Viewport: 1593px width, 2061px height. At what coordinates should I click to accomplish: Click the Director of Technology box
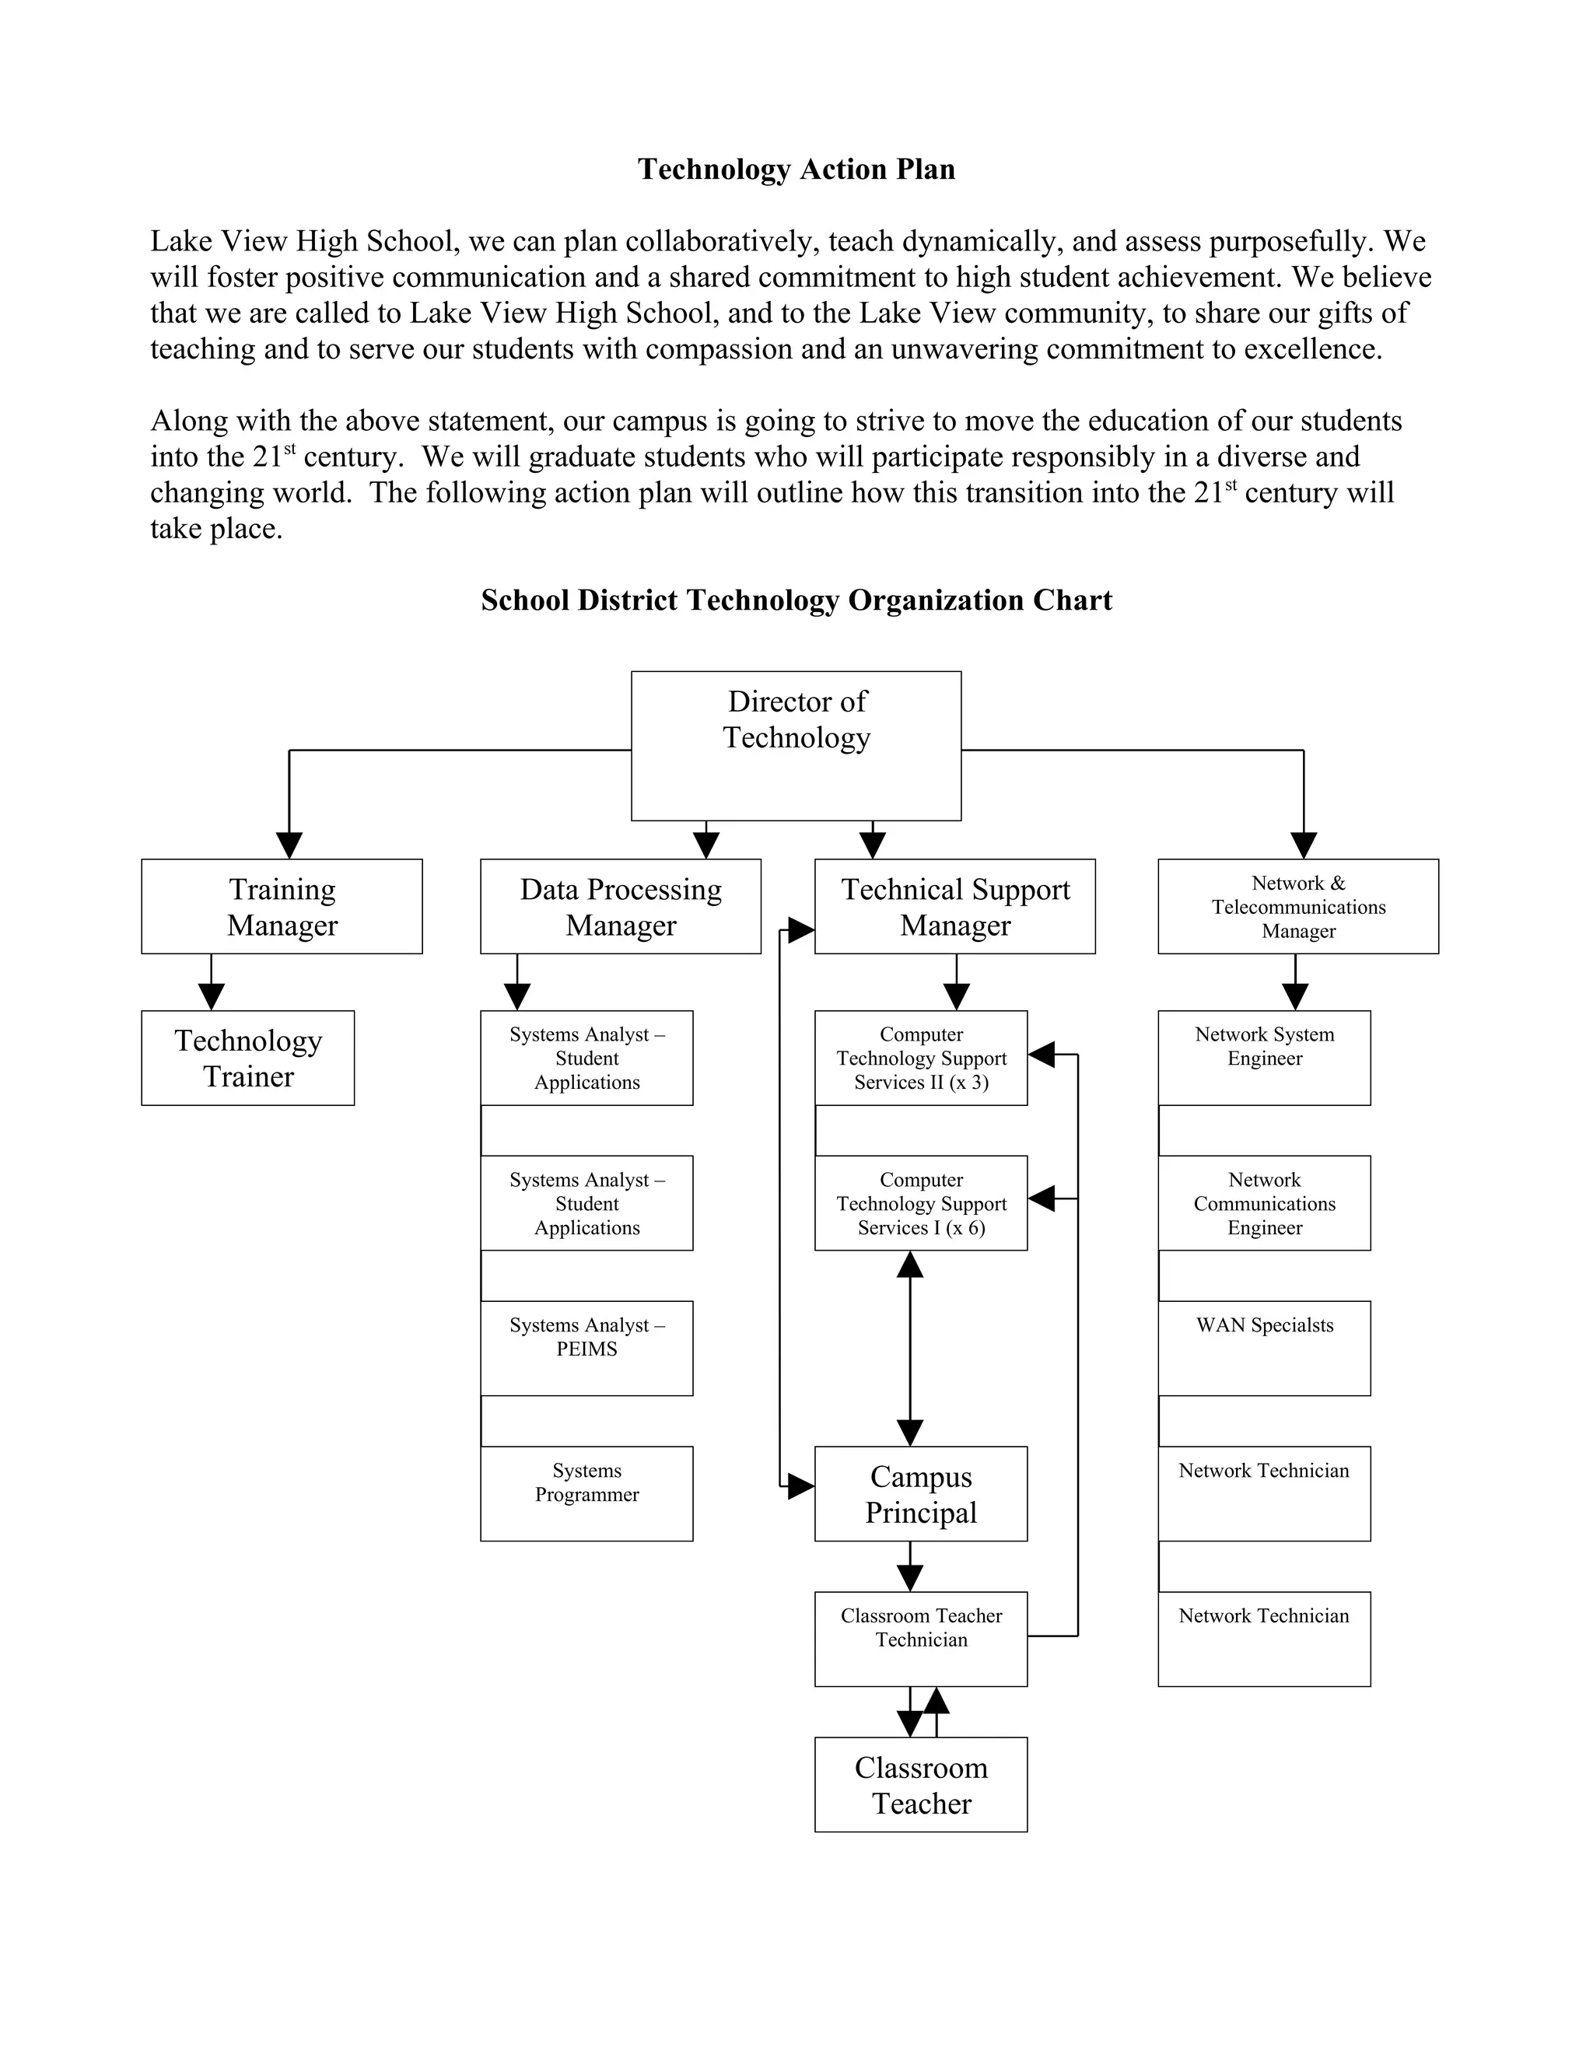tap(796, 746)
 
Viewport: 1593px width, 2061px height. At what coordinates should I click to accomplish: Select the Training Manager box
tap(282, 906)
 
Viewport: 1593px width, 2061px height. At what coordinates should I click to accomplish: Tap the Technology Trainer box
tap(247, 1057)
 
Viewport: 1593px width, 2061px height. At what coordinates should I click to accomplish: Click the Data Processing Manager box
tap(620, 906)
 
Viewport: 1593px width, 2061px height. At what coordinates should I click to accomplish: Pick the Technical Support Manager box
tap(954, 906)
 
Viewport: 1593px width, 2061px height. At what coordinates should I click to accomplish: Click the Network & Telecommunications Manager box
tap(1297, 906)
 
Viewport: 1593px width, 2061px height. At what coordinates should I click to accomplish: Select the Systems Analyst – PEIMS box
tap(586, 1348)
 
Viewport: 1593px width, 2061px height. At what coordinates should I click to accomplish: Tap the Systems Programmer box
tap(586, 1493)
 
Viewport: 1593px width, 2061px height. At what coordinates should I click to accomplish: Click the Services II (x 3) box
tap(920, 1057)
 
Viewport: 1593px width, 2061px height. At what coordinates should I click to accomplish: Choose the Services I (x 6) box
tap(920, 1202)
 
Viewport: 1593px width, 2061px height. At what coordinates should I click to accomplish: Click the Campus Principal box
tap(920, 1493)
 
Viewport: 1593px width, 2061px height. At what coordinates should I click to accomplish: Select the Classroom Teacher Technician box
tap(920, 1638)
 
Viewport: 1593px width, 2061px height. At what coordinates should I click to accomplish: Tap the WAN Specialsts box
tap(1264, 1348)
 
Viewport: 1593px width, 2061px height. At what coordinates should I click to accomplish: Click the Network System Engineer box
tap(1264, 1057)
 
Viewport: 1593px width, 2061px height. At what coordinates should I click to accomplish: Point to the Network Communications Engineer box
tap(1264, 1202)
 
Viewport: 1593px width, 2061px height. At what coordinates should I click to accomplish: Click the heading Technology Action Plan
tap(796, 169)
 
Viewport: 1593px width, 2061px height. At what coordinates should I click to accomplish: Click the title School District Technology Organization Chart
tap(796, 600)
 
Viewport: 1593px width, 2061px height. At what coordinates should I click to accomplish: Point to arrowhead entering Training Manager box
tap(289, 845)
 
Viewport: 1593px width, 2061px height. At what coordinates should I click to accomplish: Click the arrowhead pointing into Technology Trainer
tap(212, 996)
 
